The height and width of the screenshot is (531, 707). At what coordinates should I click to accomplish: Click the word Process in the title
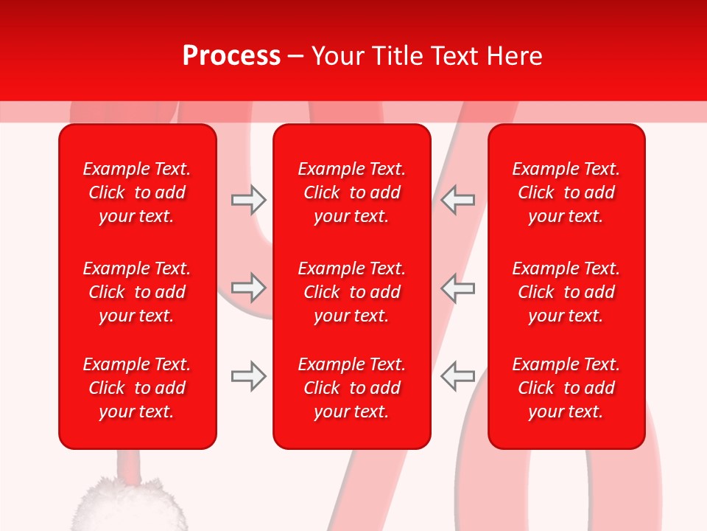coord(231,56)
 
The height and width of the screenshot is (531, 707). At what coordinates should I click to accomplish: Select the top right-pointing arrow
coord(248,200)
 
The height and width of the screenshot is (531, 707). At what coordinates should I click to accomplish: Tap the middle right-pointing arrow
coord(248,288)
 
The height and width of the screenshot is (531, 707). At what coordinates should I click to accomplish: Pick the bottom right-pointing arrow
coord(248,376)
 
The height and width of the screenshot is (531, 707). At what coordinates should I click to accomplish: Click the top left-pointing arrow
coord(457,200)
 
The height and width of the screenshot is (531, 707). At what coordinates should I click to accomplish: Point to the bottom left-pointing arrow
coord(457,376)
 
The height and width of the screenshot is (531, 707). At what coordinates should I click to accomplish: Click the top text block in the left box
coord(137,192)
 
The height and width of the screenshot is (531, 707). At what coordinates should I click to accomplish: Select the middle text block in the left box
coord(137,292)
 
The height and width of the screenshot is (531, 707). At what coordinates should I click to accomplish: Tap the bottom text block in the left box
coord(137,388)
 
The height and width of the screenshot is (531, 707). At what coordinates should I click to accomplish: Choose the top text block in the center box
coord(351,192)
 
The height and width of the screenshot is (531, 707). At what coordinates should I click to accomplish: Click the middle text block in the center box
coord(351,292)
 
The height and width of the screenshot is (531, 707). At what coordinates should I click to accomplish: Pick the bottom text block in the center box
coord(351,388)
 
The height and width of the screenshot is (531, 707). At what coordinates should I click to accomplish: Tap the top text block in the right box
coord(566,192)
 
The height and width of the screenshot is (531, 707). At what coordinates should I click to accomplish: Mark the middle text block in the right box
coord(566,292)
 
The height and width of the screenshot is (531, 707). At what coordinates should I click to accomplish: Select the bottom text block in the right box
coord(566,388)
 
